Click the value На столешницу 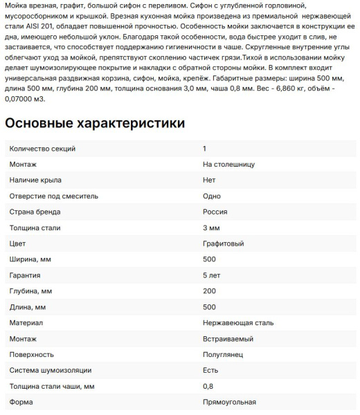click(229, 165)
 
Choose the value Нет click(209, 181)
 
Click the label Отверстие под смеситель click(53, 196)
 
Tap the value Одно click(212, 196)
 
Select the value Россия click(215, 212)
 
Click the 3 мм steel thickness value click(211, 228)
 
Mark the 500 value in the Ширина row click(209, 259)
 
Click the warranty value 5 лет click(212, 275)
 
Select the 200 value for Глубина click(209, 291)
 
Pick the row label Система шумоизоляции click(50, 371)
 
